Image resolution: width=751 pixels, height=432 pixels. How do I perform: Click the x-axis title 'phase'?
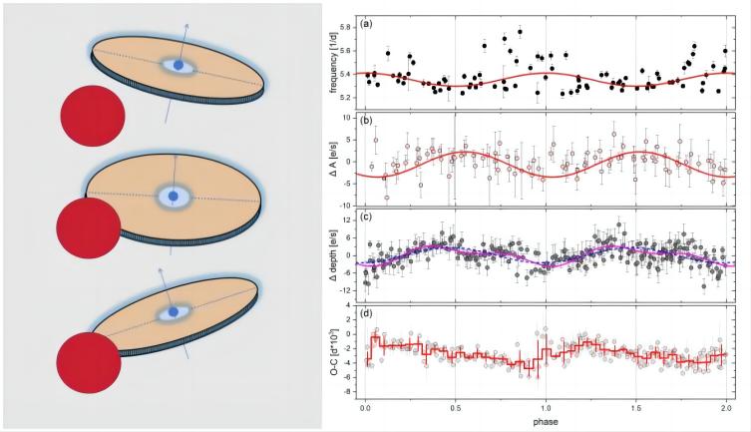[x=545, y=422]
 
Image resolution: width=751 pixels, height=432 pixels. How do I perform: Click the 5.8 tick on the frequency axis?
[x=344, y=27]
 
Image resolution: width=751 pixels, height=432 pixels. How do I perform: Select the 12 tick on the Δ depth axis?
[x=344, y=219]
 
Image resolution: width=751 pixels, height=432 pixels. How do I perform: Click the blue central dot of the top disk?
[x=179, y=66]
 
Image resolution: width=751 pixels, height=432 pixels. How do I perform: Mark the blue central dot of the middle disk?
[x=175, y=198]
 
